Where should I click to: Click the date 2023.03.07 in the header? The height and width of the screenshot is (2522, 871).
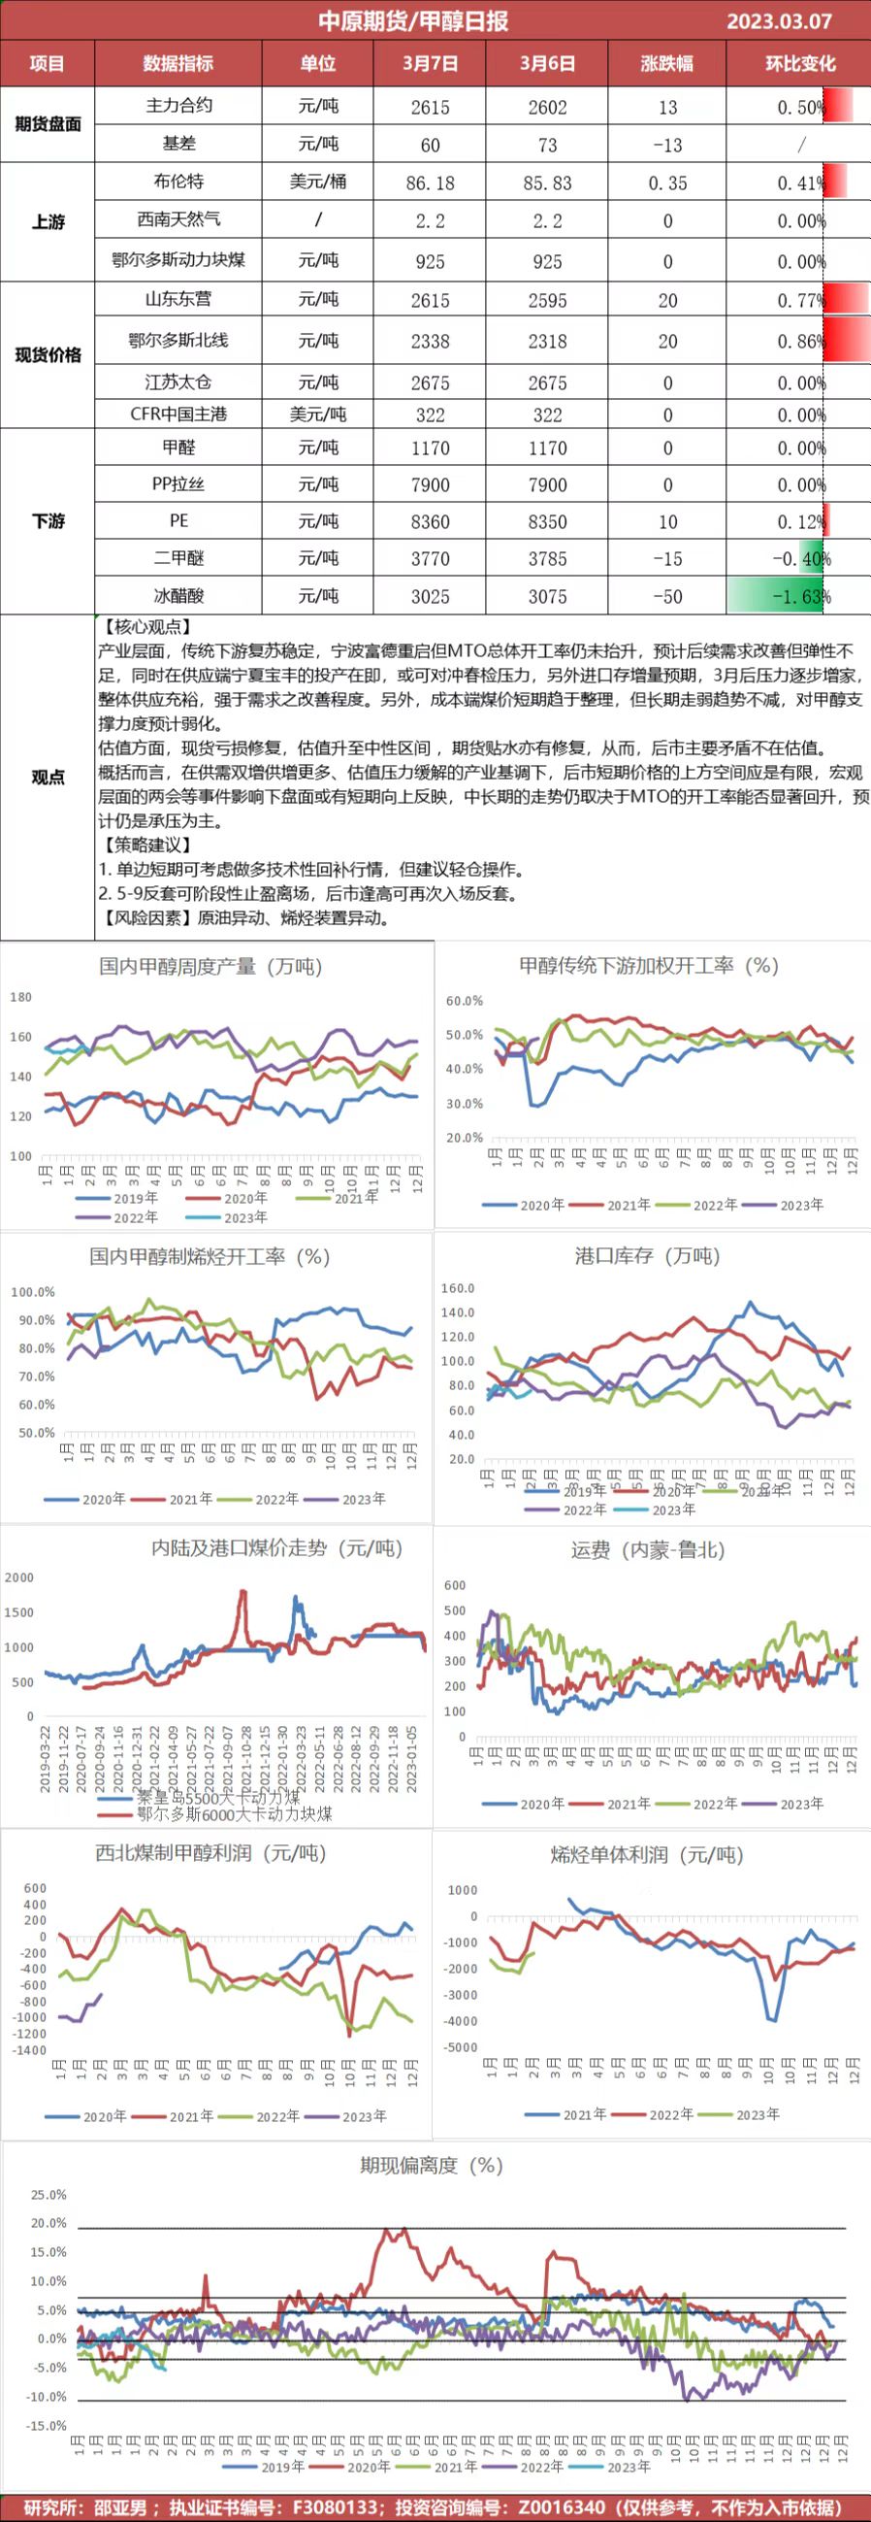point(778,20)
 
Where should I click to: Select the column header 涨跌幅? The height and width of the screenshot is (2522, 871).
point(666,64)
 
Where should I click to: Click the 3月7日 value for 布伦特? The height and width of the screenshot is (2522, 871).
point(430,183)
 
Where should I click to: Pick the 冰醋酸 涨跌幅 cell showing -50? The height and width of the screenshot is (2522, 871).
point(666,596)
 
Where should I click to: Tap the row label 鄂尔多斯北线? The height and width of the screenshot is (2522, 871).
point(178,341)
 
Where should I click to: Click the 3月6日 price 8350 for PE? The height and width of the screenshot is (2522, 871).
point(547,522)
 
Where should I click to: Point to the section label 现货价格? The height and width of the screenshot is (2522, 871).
point(48,354)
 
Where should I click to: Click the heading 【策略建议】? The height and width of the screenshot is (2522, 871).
point(145,845)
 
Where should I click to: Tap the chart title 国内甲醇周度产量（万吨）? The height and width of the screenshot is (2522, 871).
point(210,966)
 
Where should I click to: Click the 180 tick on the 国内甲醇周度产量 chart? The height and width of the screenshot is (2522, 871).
point(20,997)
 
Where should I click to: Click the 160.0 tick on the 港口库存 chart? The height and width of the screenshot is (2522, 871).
point(458,1288)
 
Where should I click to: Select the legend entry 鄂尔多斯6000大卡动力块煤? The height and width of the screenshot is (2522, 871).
point(233,1814)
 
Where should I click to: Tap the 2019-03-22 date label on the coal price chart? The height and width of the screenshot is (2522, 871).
point(46,1758)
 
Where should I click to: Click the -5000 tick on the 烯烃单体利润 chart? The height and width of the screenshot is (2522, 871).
point(461,2047)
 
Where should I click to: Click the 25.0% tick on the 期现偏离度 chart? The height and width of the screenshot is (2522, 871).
point(49,2195)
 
